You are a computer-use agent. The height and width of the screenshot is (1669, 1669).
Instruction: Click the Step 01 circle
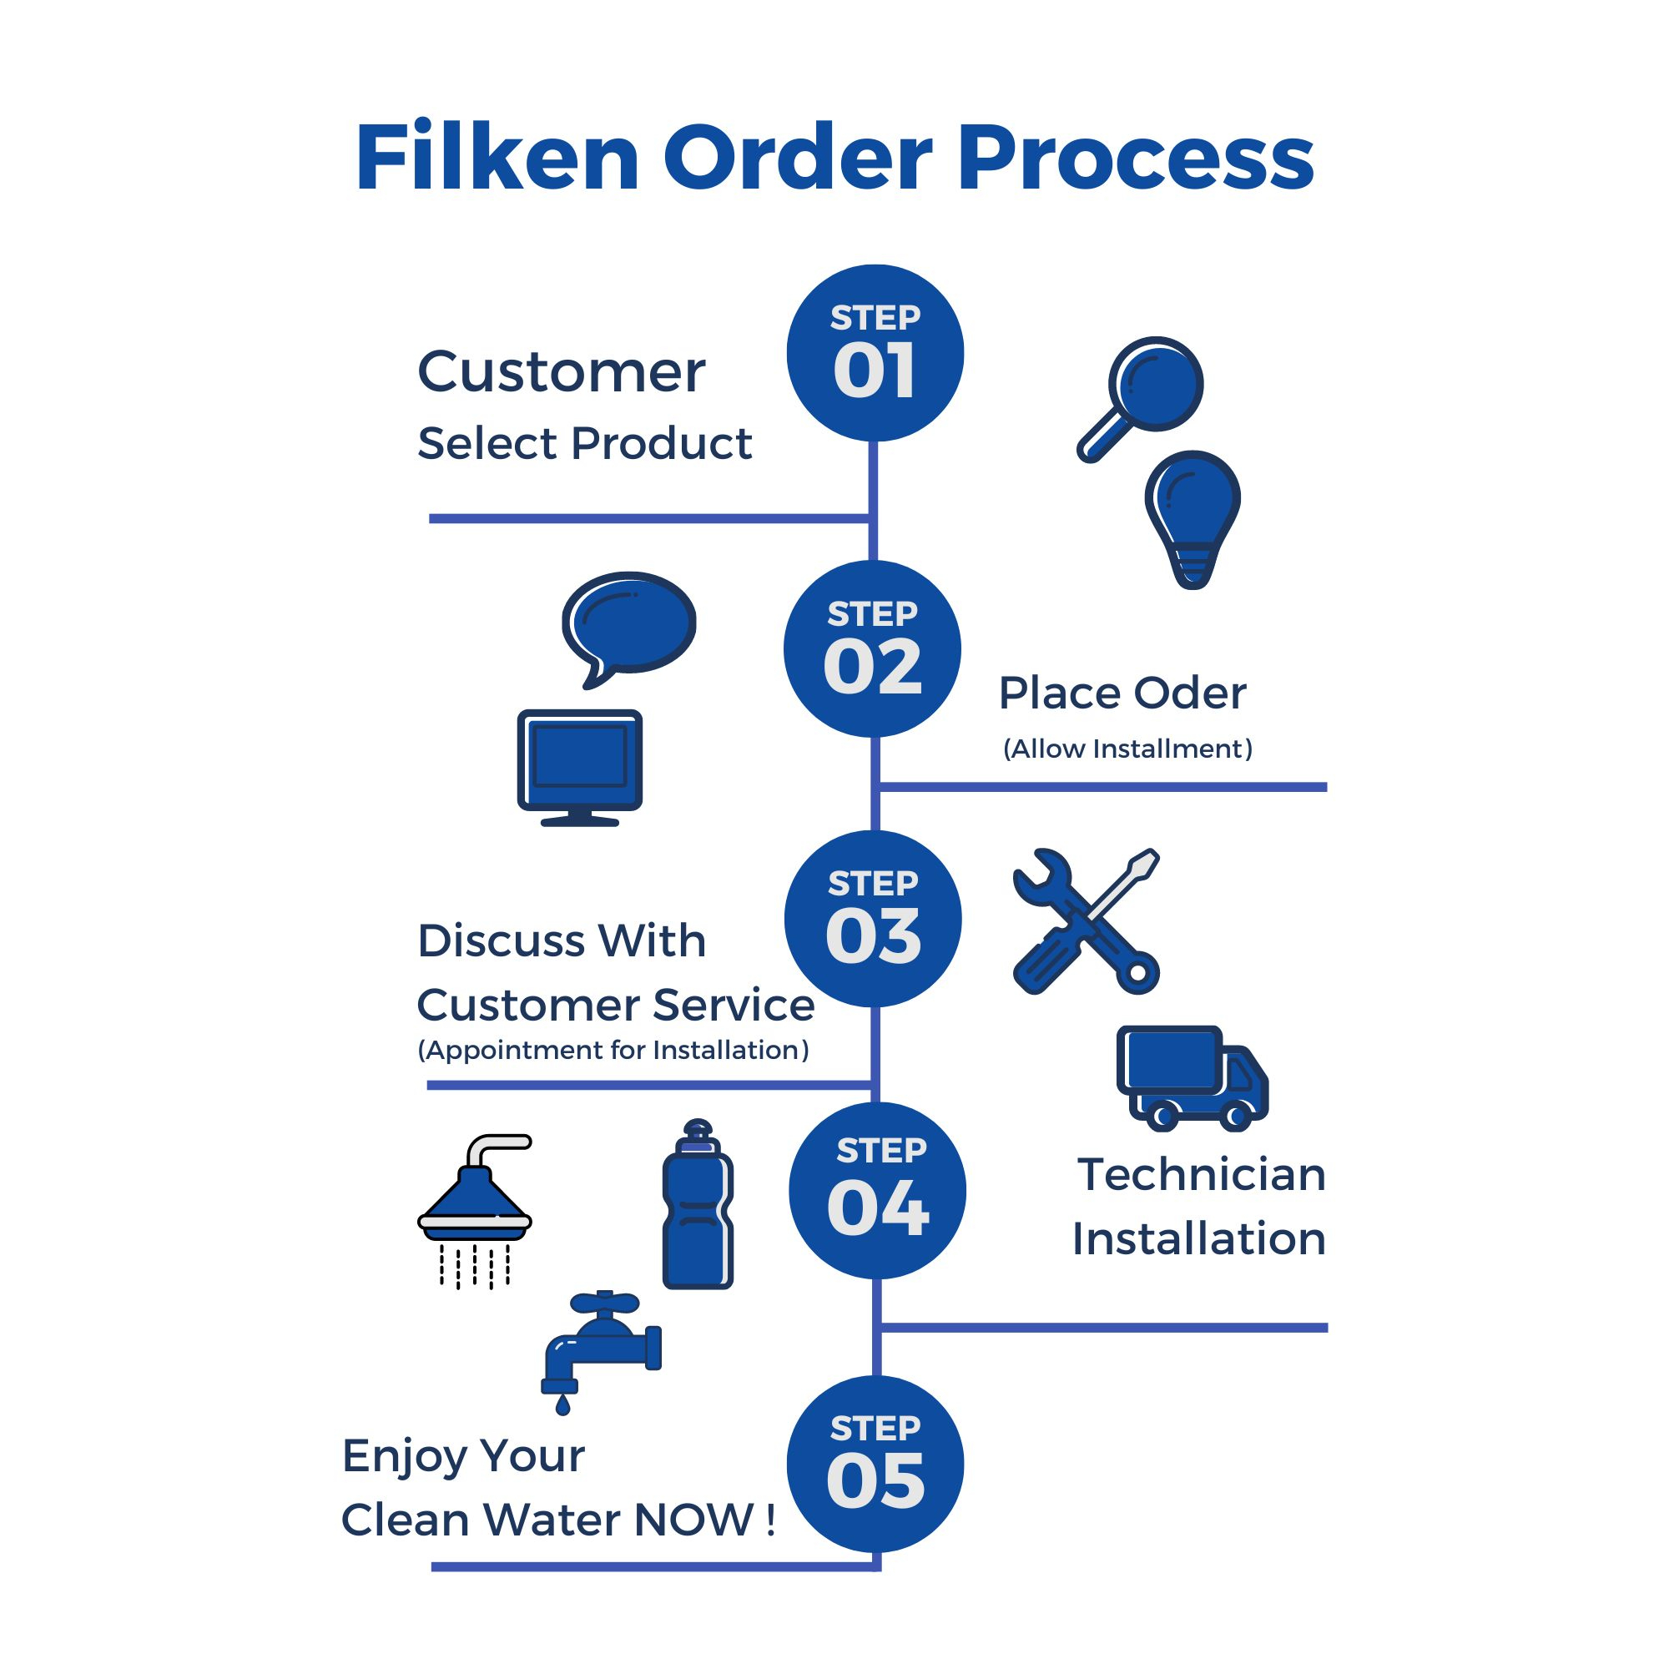(x=875, y=353)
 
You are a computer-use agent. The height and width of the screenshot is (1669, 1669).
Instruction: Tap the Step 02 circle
(x=872, y=648)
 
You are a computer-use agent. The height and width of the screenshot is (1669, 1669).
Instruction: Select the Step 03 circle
(x=873, y=918)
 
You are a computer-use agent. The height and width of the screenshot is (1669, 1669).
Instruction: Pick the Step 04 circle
(x=877, y=1191)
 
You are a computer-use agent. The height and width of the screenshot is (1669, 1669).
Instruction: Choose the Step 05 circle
(x=875, y=1464)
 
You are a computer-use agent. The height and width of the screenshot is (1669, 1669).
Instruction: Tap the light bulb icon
(x=1193, y=518)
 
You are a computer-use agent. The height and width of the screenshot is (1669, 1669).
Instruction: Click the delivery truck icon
(x=1192, y=1077)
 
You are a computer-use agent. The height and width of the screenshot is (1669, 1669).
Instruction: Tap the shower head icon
(x=475, y=1209)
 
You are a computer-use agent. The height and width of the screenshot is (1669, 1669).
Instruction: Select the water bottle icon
(x=697, y=1206)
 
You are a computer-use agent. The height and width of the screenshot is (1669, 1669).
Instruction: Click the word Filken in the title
(x=497, y=158)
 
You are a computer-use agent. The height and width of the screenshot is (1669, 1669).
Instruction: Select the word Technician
(x=1201, y=1174)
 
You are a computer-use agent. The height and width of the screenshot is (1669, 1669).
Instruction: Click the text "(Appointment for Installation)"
(x=613, y=1050)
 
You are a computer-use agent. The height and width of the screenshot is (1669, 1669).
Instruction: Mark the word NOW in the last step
(x=693, y=1520)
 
